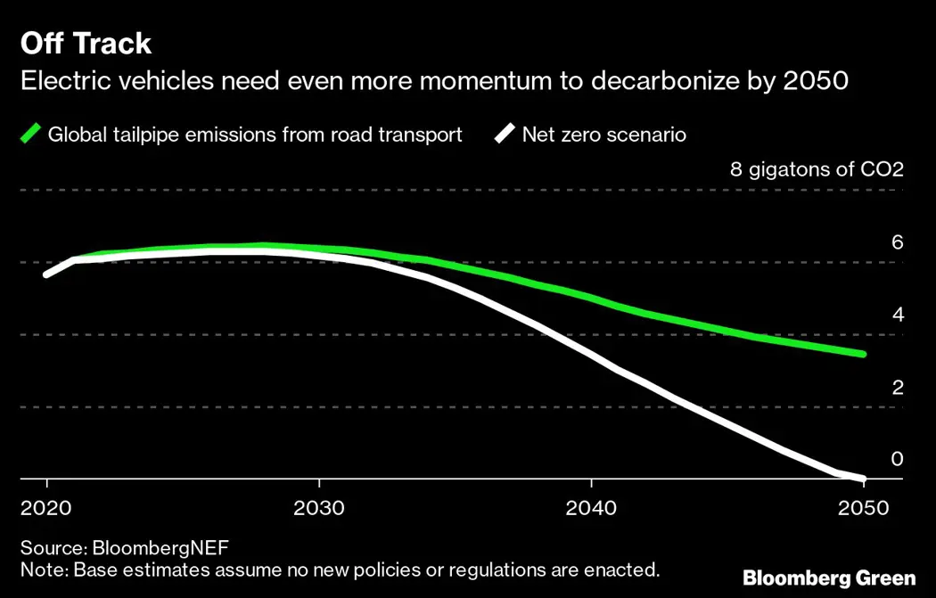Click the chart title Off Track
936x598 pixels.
[x=86, y=44]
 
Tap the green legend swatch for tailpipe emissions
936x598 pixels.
[x=31, y=135]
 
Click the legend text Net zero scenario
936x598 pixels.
[x=603, y=135]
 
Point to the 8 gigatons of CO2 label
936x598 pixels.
[x=817, y=169]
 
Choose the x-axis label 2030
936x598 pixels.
[x=319, y=508]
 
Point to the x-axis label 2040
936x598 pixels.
[x=592, y=508]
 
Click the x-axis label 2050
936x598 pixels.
[x=864, y=508]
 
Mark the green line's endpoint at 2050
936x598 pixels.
[x=863, y=355]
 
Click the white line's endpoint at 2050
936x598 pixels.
[x=863, y=479]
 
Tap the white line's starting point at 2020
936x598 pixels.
[x=46, y=274]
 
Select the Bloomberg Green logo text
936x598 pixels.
[x=829, y=578]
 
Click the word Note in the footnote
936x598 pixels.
[x=40, y=569]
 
